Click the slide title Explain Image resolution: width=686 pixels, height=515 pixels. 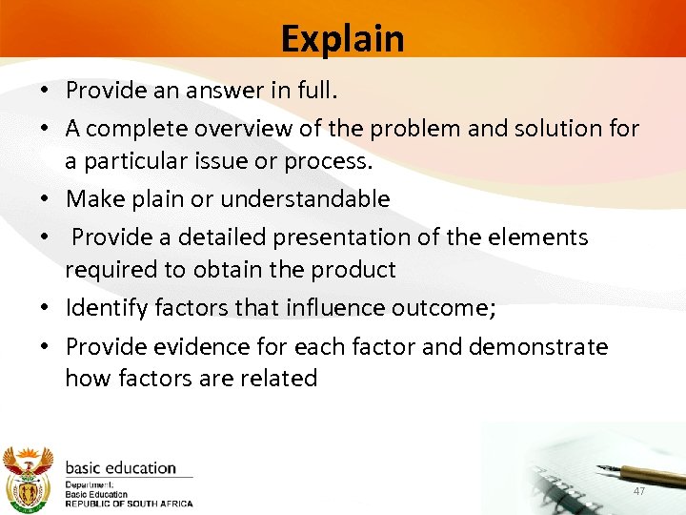coord(342,39)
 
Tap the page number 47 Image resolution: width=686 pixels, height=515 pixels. coord(639,490)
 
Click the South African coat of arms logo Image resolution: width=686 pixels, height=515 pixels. coord(29,476)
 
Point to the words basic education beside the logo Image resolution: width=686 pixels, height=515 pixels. coord(120,468)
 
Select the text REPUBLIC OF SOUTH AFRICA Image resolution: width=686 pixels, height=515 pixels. coord(129,504)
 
